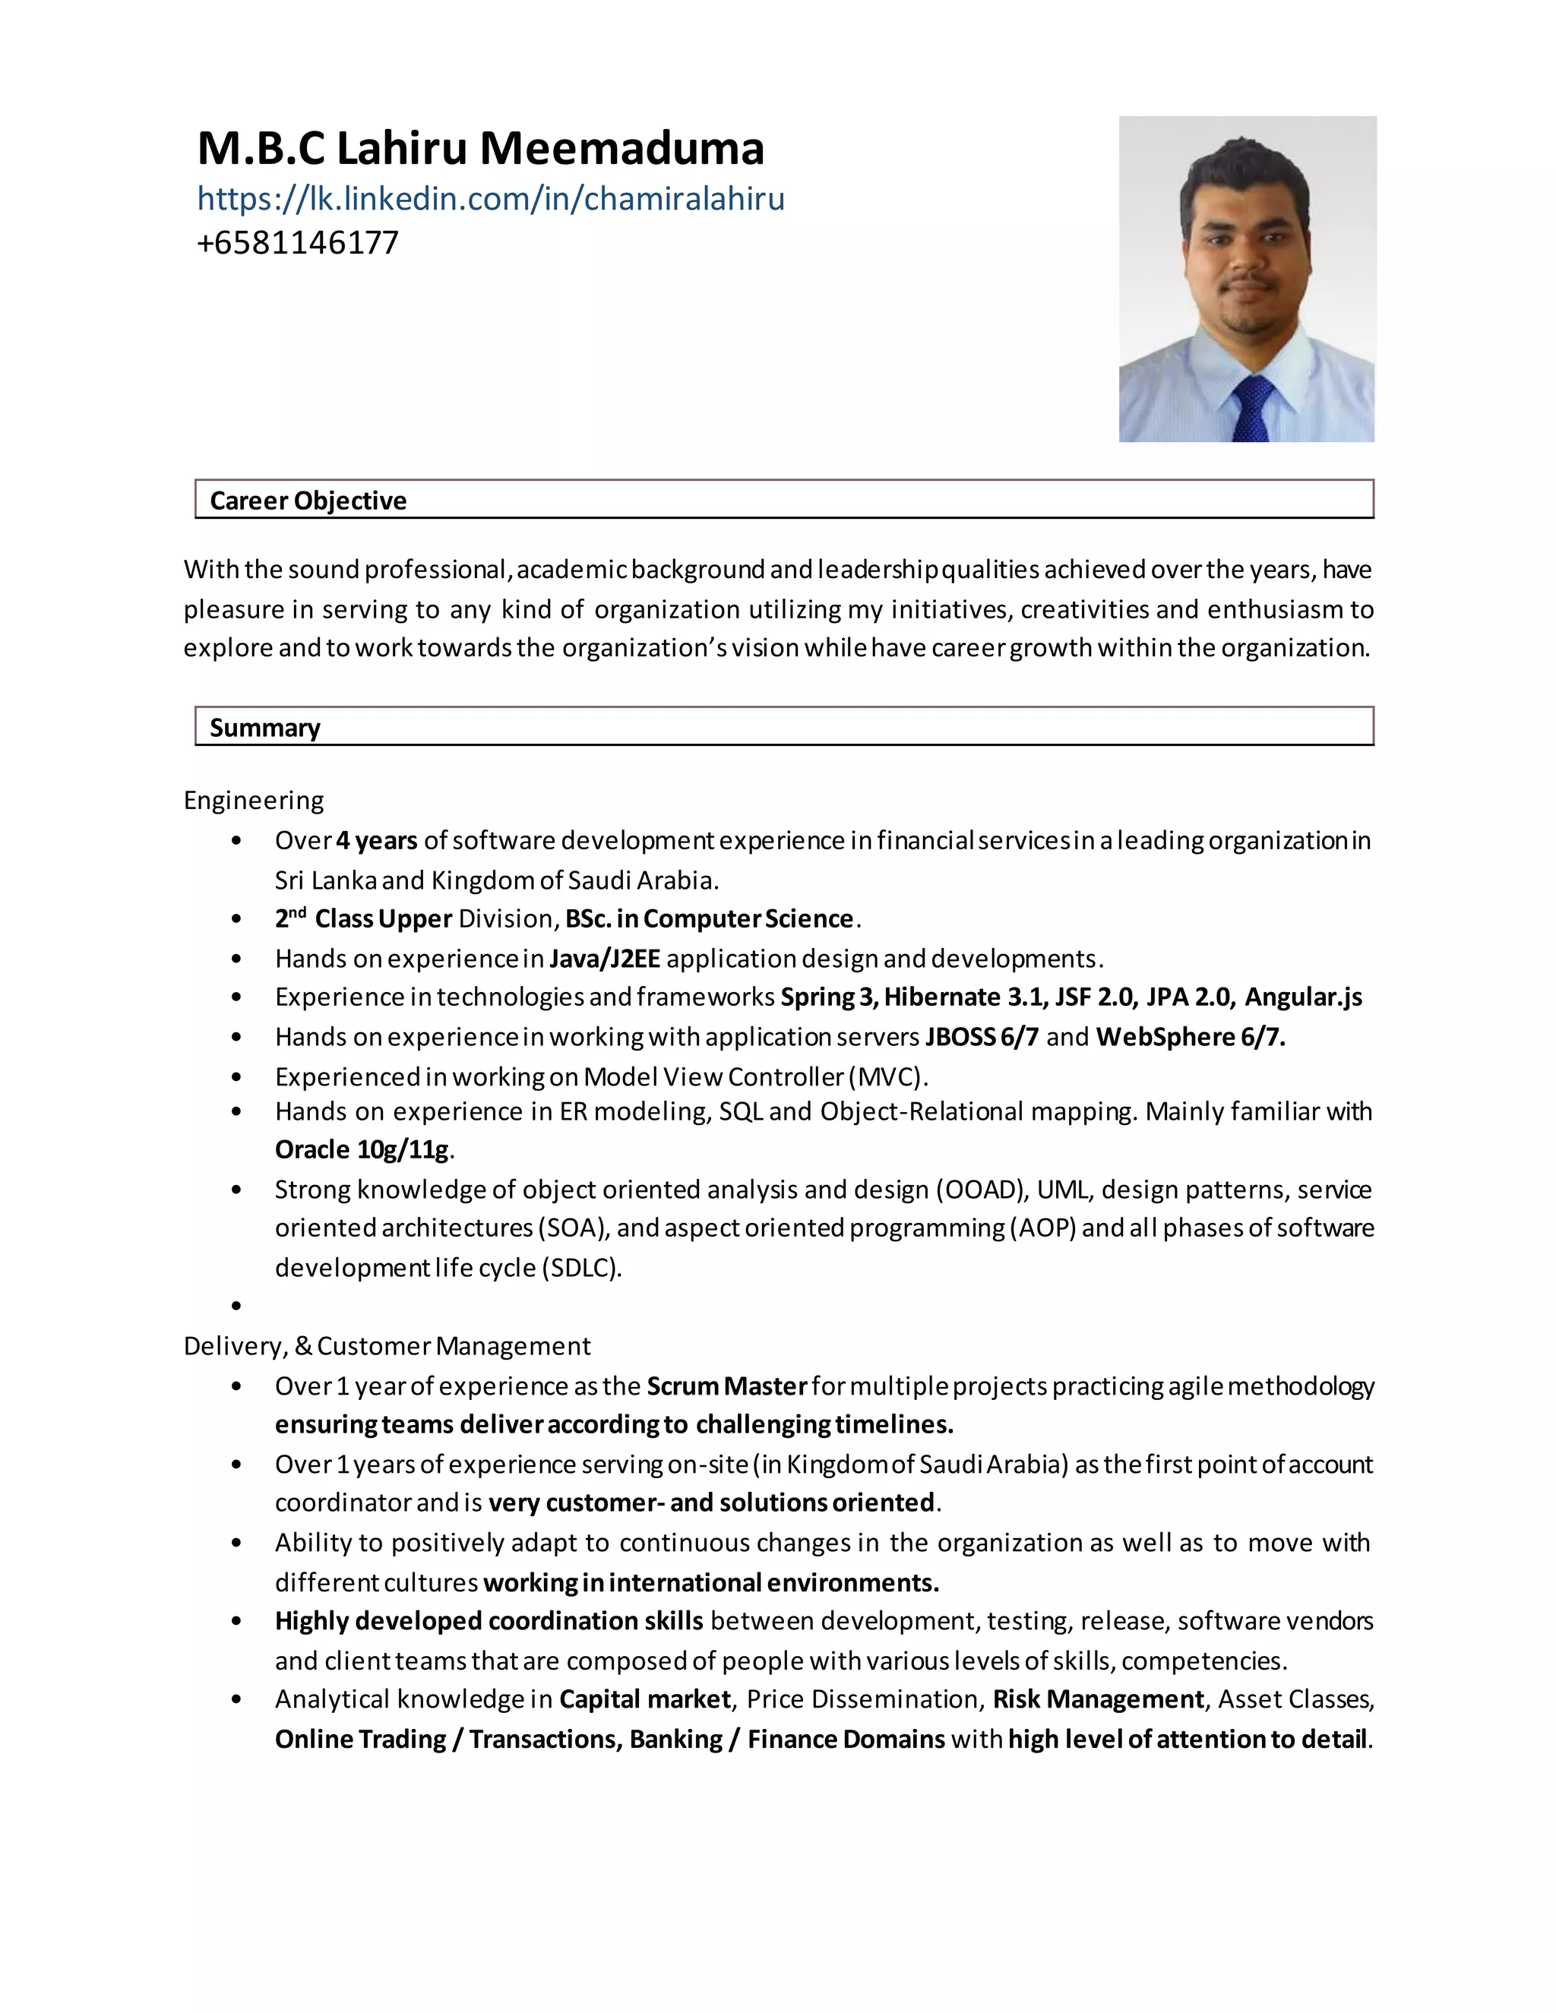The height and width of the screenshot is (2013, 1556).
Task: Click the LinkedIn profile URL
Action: click(490, 199)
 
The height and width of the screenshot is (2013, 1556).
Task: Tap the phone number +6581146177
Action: click(298, 242)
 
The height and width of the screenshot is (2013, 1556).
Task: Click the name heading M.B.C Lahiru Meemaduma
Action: click(480, 148)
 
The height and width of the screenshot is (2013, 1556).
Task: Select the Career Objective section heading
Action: click(308, 501)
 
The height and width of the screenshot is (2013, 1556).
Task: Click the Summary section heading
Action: click(264, 728)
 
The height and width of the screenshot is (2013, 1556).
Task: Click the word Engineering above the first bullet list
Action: click(254, 800)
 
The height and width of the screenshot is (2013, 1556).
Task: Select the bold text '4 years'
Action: click(376, 841)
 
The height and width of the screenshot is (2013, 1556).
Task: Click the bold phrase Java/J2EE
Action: click(605, 959)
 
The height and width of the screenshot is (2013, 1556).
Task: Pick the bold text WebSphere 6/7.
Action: click(1190, 1037)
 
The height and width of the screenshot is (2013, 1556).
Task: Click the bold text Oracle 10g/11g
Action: click(362, 1149)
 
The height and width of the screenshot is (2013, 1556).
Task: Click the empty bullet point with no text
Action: click(237, 1306)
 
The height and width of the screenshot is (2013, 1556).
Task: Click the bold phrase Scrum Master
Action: click(726, 1386)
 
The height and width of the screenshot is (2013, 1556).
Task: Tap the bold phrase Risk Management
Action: click(1098, 1699)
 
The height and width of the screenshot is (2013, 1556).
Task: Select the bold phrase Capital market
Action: click(644, 1699)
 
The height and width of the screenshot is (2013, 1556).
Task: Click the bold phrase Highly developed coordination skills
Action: click(489, 1620)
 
